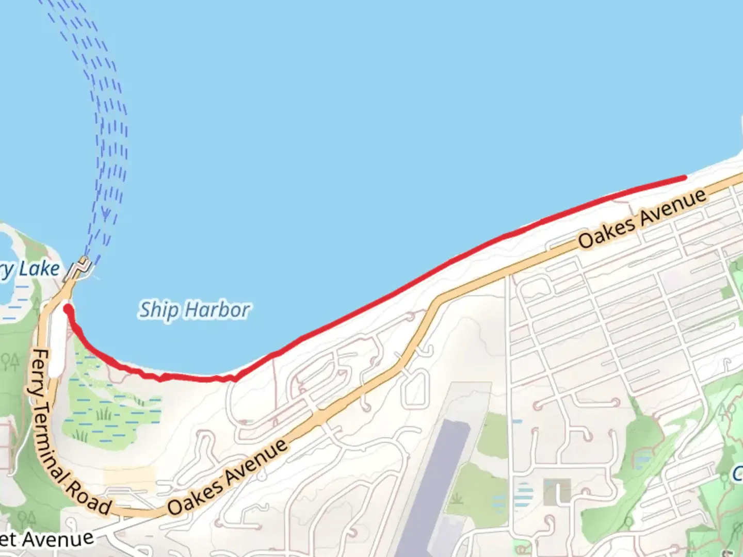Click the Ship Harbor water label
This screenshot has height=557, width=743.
[195, 310]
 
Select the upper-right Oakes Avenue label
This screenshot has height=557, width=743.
[642, 218]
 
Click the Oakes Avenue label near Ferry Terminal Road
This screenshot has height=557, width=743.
[227, 477]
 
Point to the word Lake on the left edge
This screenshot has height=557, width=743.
[39, 269]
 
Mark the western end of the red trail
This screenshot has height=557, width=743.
[67, 309]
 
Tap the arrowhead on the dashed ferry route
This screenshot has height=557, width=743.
[106, 213]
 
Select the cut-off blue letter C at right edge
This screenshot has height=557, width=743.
[738, 473]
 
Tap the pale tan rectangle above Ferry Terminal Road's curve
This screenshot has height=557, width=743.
[129, 477]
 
